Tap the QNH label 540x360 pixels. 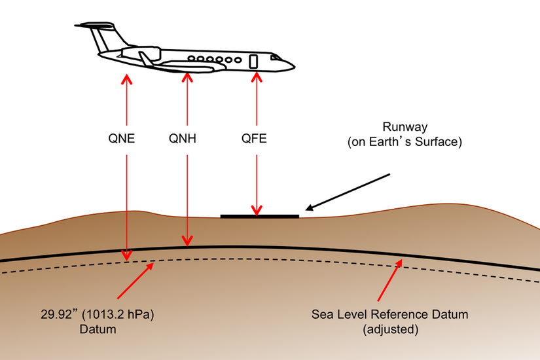click(x=183, y=139)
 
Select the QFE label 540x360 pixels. click(x=254, y=139)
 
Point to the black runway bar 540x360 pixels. click(x=259, y=215)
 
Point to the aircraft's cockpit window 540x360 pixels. click(x=276, y=58)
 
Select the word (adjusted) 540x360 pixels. click(x=390, y=329)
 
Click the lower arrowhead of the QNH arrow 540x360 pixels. click(x=188, y=241)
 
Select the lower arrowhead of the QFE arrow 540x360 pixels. click(x=256, y=209)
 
